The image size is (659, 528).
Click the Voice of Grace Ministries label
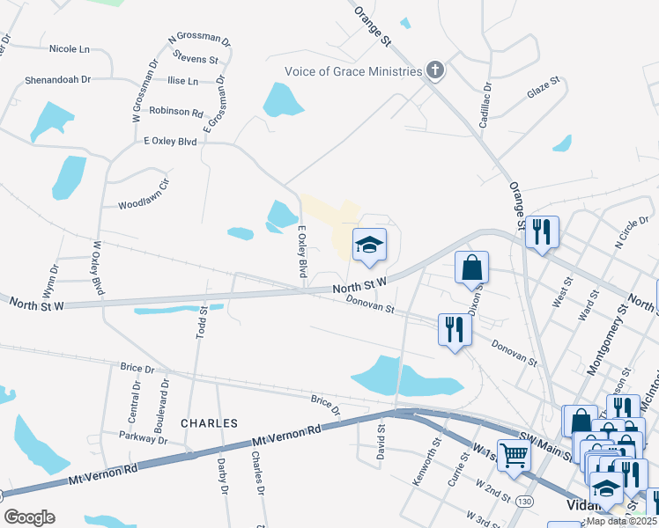coord(352,72)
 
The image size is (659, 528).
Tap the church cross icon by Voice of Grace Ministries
coord(433,70)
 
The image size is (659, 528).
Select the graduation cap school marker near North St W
coord(370,246)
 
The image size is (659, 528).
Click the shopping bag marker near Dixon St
coord(472,268)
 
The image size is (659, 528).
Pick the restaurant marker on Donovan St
coord(455,329)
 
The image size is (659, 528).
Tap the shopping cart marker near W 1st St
coord(515,455)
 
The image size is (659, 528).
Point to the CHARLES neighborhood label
coord(210,423)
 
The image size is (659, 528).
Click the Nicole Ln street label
coord(70,49)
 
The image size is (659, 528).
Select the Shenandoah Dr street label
coord(58,79)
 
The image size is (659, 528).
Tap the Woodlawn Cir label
coord(143,205)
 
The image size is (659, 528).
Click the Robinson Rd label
coord(176,112)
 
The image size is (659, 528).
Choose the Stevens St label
coord(196,59)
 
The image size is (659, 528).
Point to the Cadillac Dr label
coord(485,105)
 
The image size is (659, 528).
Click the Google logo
coord(29,517)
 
